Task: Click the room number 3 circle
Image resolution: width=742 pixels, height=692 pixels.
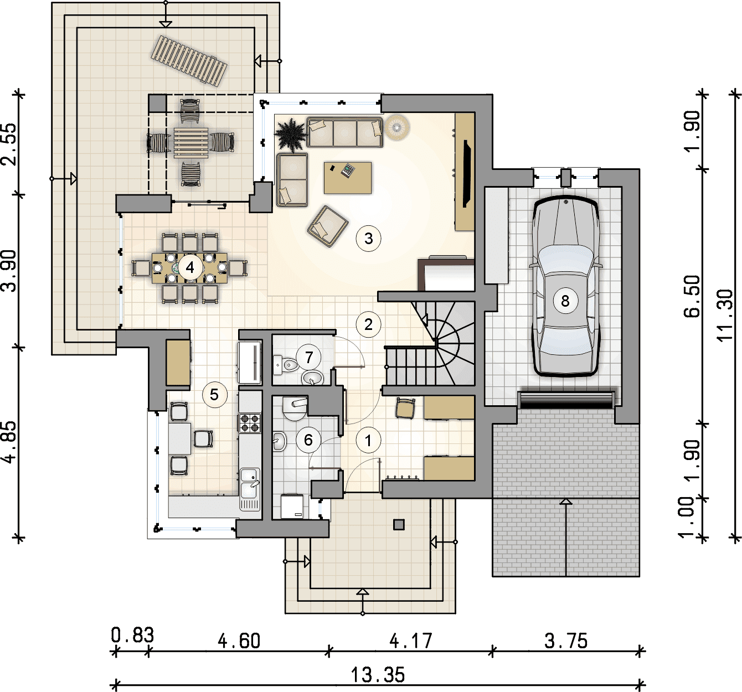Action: click(x=368, y=238)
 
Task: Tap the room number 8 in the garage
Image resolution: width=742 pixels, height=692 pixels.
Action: click(x=565, y=301)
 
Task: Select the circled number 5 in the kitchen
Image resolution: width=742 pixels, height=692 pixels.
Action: click(x=214, y=395)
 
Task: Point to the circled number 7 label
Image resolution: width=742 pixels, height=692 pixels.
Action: click(x=308, y=357)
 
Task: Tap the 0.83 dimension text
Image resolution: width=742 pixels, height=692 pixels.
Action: click(x=133, y=635)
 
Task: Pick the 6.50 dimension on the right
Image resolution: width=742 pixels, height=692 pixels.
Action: click(x=692, y=296)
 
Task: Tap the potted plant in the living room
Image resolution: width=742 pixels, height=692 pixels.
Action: click(x=291, y=135)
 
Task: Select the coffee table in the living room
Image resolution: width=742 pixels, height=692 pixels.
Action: click(x=347, y=178)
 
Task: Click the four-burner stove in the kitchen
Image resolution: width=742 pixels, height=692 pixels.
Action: click(x=250, y=423)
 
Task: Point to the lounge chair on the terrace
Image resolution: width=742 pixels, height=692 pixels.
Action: click(x=189, y=60)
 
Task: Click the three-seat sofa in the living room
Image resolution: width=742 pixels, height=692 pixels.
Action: click(x=344, y=132)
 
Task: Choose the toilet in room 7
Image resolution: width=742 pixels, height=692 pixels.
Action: click(x=286, y=364)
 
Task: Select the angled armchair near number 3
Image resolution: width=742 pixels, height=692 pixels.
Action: click(x=328, y=226)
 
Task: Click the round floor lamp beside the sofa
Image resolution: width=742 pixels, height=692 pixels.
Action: click(x=397, y=128)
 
